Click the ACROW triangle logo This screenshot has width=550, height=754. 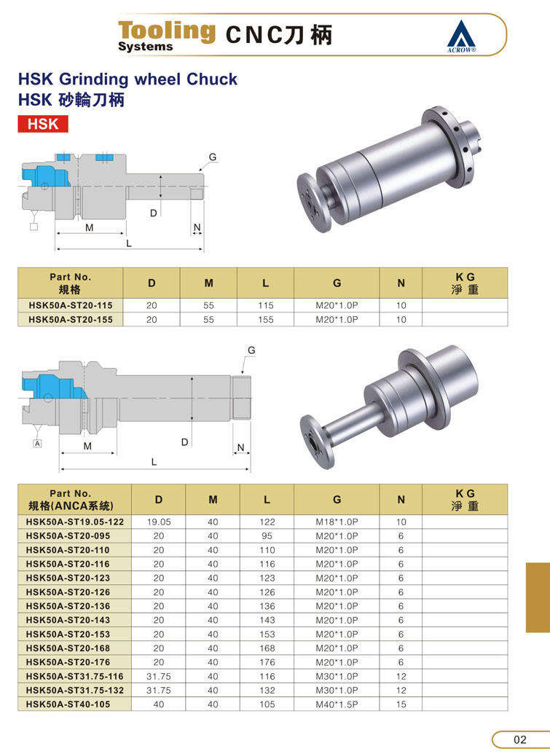click(461, 36)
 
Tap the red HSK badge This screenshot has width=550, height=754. click(43, 124)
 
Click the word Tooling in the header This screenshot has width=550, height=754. click(167, 31)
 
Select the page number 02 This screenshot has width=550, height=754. click(519, 739)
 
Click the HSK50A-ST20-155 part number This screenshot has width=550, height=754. click(71, 319)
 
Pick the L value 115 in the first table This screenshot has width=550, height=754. click(265, 305)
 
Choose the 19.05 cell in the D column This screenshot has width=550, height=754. click(159, 522)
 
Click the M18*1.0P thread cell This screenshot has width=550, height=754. click(337, 522)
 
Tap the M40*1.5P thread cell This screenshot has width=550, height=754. click(337, 704)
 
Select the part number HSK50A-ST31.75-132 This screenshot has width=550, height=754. click(74, 690)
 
